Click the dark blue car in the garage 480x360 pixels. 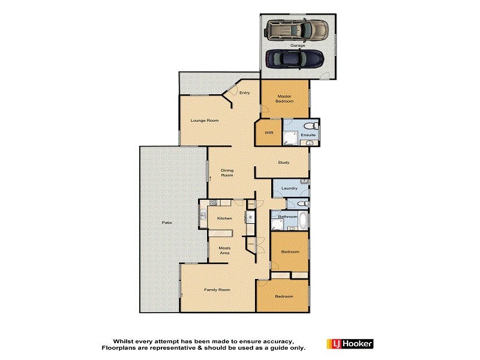click(x=295, y=59)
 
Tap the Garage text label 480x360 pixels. click(x=298, y=45)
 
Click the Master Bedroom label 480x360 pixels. click(x=284, y=98)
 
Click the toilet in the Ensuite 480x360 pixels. click(x=310, y=126)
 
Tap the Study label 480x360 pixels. click(x=284, y=163)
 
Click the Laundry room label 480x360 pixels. click(x=289, y=188)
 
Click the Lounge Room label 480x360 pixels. click(x=205, y=121)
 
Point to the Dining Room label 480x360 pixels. click(x=227, y=172)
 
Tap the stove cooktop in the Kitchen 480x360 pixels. click(x=212, y=203)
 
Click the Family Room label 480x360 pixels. click(x=217, y=290)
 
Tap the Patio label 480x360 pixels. click(x=166, y=223)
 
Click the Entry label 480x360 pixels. click(x=244, y=92)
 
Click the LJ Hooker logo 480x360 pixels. click(x=350, y=344)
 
